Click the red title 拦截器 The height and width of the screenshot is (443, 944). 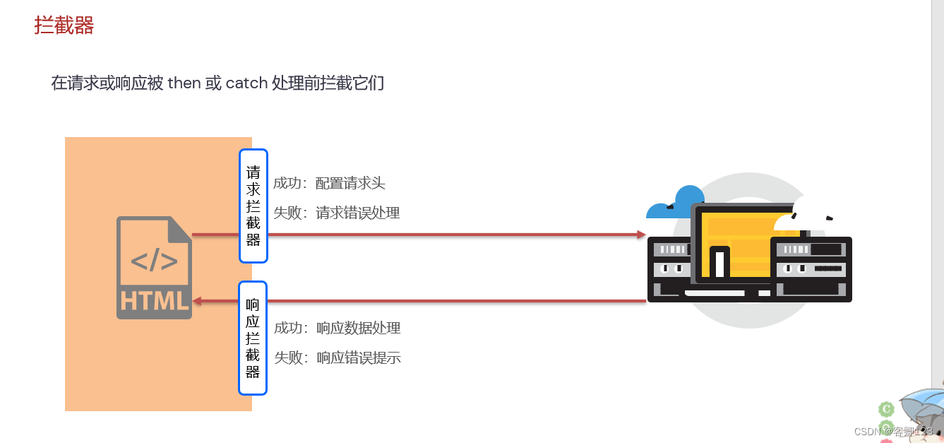click(x=64, y=26)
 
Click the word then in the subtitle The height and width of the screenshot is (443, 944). click(x=184, y=83)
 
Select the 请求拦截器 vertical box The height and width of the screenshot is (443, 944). click(x=253, y=206)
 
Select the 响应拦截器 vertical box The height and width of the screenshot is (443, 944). click(x=253, y=338)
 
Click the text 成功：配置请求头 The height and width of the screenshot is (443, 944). click(x=329, y=184)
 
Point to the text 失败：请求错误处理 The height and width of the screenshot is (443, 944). click(x=337, y=213)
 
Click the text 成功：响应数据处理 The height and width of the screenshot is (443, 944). click(x=337, y=328)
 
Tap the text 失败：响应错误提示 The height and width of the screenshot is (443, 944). click(x=337, y=358)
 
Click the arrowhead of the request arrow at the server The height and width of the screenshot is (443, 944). click(x=641, y=235)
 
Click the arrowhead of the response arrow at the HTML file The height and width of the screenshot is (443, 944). click(x=198, y=301)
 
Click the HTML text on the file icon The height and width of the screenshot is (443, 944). click(x=155, y=300)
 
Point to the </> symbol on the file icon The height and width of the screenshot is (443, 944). click(x=154, y=261)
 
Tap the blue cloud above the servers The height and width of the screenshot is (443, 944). click(x=678, y=202)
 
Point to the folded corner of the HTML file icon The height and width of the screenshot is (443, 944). click(x=180, y=228)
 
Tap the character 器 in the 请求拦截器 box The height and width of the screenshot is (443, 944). click(x=253, y=240)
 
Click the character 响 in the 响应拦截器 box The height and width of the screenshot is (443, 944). click(x=253, y=305)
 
